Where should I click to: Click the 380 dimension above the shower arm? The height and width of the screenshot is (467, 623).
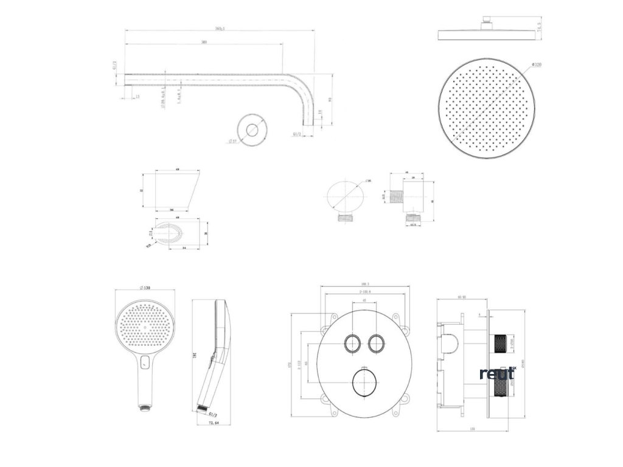[x=203, y=43]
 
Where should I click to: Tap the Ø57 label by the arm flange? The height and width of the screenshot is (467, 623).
[x=232, y=141]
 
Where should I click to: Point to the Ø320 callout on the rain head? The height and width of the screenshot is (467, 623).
[x=537, y=64]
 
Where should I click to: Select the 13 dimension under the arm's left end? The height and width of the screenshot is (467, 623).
[x=137, y=97]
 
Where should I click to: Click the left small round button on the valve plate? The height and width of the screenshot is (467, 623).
[x=352, y=344]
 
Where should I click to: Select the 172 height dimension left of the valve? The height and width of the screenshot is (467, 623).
[x=290, y=365]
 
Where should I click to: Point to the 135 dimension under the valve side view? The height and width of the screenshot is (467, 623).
[x=472, y=429]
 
